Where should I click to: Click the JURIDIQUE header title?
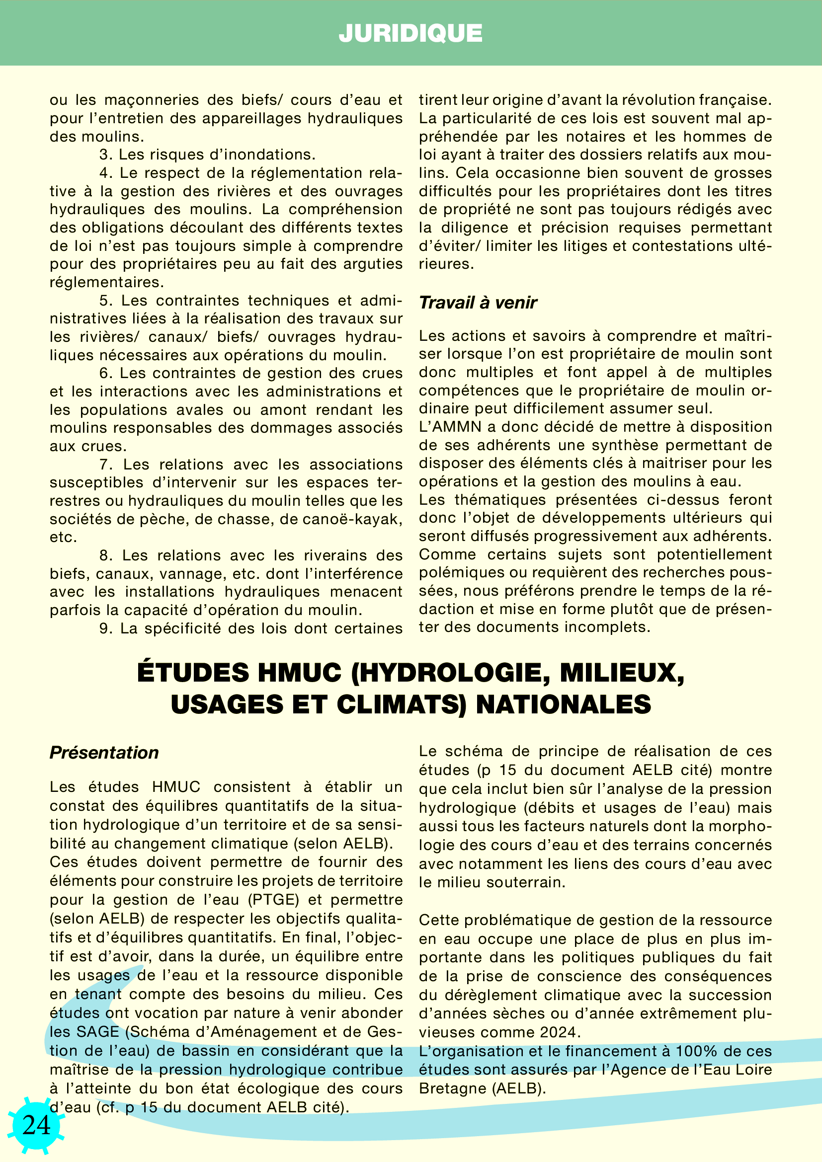[x=411, y=33]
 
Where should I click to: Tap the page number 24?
[x=36, y=1125]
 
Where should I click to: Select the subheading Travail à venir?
[x=478, y=303]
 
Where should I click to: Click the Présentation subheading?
[x=104, y=753]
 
